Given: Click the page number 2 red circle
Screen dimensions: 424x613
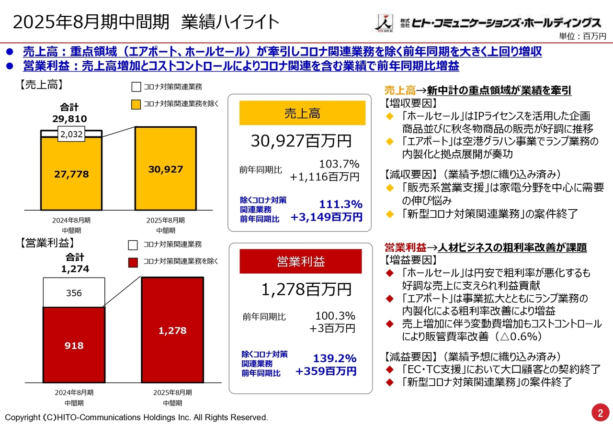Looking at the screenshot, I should click(600, 413).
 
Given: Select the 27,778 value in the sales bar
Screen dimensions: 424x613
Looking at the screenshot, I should click(71, 174).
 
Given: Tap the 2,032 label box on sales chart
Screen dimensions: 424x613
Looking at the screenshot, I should click(71, 135).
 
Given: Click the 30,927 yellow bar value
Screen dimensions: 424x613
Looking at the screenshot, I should click(165, 169).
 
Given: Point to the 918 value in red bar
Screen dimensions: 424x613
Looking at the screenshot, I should click(74, 346).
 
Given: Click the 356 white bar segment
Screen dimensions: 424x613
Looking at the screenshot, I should click(74, 293).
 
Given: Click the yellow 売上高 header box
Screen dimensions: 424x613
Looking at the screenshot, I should click(302, 113).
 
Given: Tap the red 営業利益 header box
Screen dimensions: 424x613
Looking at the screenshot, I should click(300, 261).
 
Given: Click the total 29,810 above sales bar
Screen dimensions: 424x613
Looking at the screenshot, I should click(69, 118).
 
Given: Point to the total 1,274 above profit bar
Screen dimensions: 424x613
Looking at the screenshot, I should click(75, 269).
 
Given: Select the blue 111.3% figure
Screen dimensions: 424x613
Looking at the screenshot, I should click(341, 204).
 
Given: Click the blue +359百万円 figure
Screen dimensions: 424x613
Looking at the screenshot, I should click(326, 371).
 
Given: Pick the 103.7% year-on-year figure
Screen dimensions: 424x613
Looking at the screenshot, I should click(339, 164).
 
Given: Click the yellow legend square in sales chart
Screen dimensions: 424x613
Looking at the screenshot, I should click(136, 103).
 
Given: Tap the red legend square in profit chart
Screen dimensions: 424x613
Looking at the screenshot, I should click(133, 261).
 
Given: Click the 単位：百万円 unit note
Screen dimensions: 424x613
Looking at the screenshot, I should click(582, 36).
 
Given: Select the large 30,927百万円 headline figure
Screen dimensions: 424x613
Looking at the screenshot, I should click(301, 141).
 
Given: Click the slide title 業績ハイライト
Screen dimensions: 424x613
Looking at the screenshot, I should click(230, 22).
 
